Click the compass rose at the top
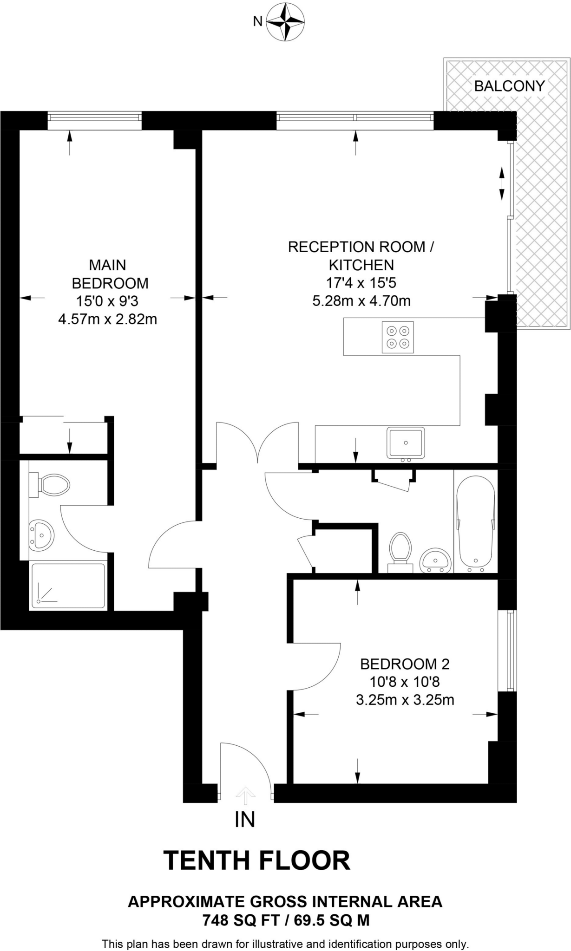point(285,22)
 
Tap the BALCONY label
point(509,86)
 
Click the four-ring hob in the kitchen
point(398,337)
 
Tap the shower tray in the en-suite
point(68,586)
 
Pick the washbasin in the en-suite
point(41,535)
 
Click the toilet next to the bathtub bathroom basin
point(400,551)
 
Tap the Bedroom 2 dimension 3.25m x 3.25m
point(405,700)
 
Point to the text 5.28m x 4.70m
point(361,301)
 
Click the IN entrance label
point(245,820)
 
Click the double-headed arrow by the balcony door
point(502,183)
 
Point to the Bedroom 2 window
point(511,650)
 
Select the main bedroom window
point(94,121)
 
